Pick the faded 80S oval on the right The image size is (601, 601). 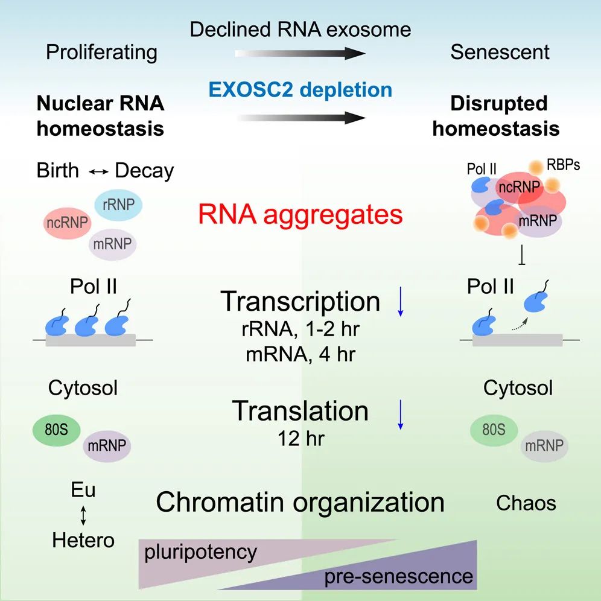(494, 431)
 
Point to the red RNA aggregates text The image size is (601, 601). (300, 214)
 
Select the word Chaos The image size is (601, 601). (526, 502)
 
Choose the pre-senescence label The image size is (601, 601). (399, 576)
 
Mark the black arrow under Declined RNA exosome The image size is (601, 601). (300, 54)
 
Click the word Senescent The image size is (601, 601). (500, 52)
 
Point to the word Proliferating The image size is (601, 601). (102, 52)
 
